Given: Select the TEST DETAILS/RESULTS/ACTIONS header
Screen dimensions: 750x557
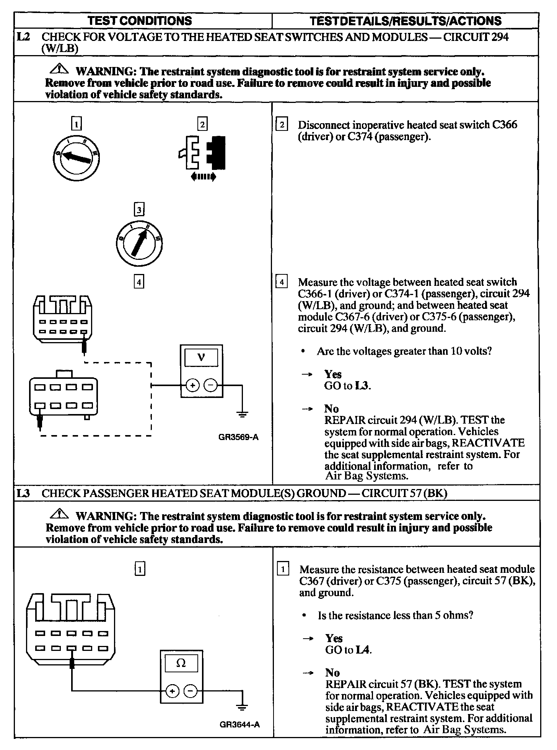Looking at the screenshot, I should pyautogui.click(x=405, y=21).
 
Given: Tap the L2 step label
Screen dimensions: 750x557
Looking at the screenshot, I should pyautogui.click(x=23, y=37).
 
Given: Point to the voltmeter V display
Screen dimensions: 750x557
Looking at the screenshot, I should pyautogui.click(x=201, y=358).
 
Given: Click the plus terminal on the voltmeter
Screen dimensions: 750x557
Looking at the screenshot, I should pyautogui.click(x=192, y=386).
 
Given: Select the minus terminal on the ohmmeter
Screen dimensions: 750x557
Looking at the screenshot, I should pyautogui.click(x=191, y=691).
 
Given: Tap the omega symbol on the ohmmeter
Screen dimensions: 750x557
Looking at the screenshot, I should pyautogui.click(x=181, y=663).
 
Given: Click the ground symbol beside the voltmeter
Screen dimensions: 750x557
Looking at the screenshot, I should pyautogui.click(x=242, y=414).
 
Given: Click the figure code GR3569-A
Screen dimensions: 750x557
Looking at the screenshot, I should pyautogui.click(x=238, y=437).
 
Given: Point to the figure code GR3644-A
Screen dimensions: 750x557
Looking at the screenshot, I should pyautogui.click(x=240, y=724).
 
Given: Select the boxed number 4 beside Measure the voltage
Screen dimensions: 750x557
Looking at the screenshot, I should pyautogui.click(x=282, y=283).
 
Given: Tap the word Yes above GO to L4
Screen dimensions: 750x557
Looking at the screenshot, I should pyautogui.click(x=334, y=638).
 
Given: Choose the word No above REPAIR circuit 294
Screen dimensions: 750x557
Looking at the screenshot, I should pyautogui.click(x=332, y=409).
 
